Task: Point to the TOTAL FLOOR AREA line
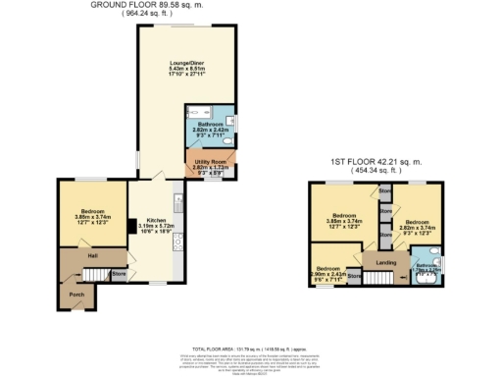tap(251, 350)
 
